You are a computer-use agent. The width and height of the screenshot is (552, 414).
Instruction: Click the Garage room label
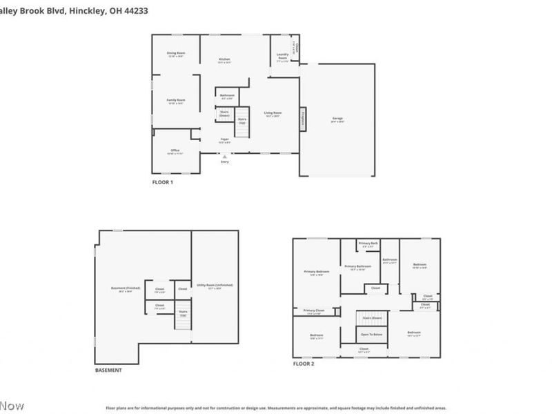coord(337,119)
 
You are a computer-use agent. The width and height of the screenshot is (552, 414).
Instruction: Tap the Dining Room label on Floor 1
coord(176,54)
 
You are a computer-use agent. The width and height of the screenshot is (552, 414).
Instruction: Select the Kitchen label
coord(224,60)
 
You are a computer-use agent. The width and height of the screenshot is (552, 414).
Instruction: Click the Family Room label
coord(176,101)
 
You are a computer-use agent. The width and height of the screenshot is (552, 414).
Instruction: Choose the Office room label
coord(175,151)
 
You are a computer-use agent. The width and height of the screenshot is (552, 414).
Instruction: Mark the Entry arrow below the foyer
coord(224,158)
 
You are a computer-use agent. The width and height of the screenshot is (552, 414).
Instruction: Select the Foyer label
coord(224,140)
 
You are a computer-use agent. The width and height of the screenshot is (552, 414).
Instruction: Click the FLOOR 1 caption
coord(163,182)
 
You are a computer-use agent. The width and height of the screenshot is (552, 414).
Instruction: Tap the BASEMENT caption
coord(108,370)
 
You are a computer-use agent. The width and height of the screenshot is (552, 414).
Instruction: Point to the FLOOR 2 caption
coord(303,363)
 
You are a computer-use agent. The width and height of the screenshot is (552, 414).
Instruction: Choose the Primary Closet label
coord(314,311)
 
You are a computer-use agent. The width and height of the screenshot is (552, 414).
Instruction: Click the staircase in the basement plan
coord(182,314)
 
